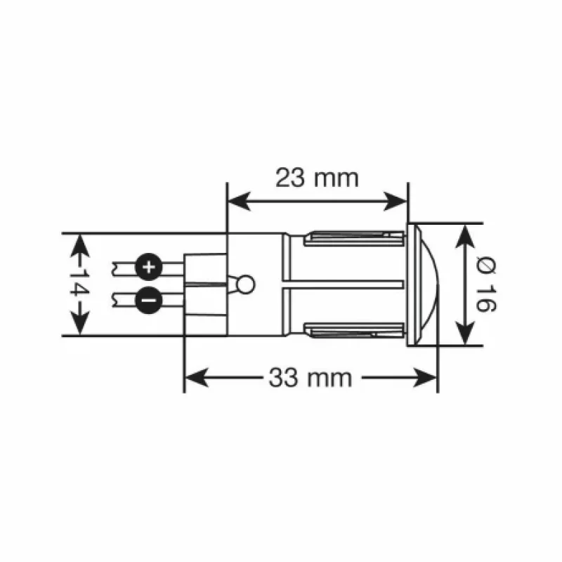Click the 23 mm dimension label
tap(317, 178)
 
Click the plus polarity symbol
tap(148, 267)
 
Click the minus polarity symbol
tap(148, 300)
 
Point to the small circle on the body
tap(246, 284)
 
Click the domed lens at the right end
tap(430, 284)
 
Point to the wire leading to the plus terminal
tap(124, 267)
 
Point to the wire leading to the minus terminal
tap(124, 300)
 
